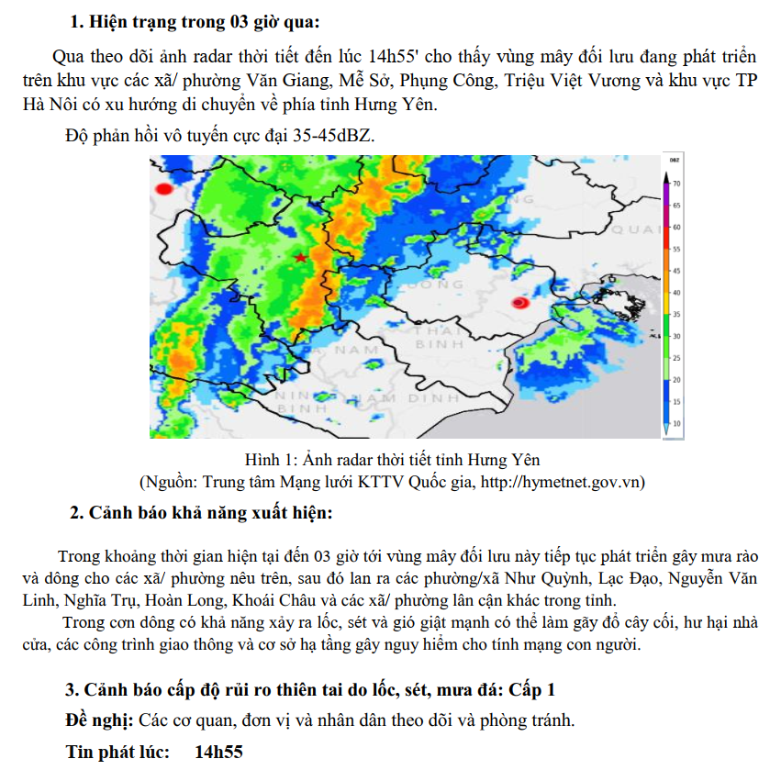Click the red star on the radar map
pyautogui.click(x=301, y=257)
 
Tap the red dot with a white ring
pyautogui.click(x=519, y=303)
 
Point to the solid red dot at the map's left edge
pyautogui.click(x=164, y=189)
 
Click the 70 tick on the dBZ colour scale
pyautogui.click(x=675, y=184)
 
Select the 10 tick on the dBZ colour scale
pyautogui.click(x=675, y=423)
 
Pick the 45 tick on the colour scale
pyautogui.click(x=675, y=271)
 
